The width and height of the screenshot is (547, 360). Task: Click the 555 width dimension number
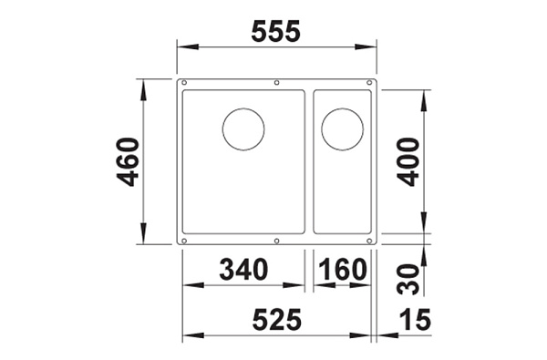click(x=275, y=31)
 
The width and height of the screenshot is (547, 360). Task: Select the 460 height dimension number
click(x=128, y=162)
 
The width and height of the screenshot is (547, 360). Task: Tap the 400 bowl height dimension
click(x=408, y=162)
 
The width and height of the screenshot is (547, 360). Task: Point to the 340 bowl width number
click(x=243, y=269)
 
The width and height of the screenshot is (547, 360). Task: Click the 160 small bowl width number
click(x=343, y=269)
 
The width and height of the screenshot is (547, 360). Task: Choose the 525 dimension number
click(x=276, y=320)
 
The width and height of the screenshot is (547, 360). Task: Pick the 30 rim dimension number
click(x=408, y=280)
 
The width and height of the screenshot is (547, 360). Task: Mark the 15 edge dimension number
click(x=415, y=320)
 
